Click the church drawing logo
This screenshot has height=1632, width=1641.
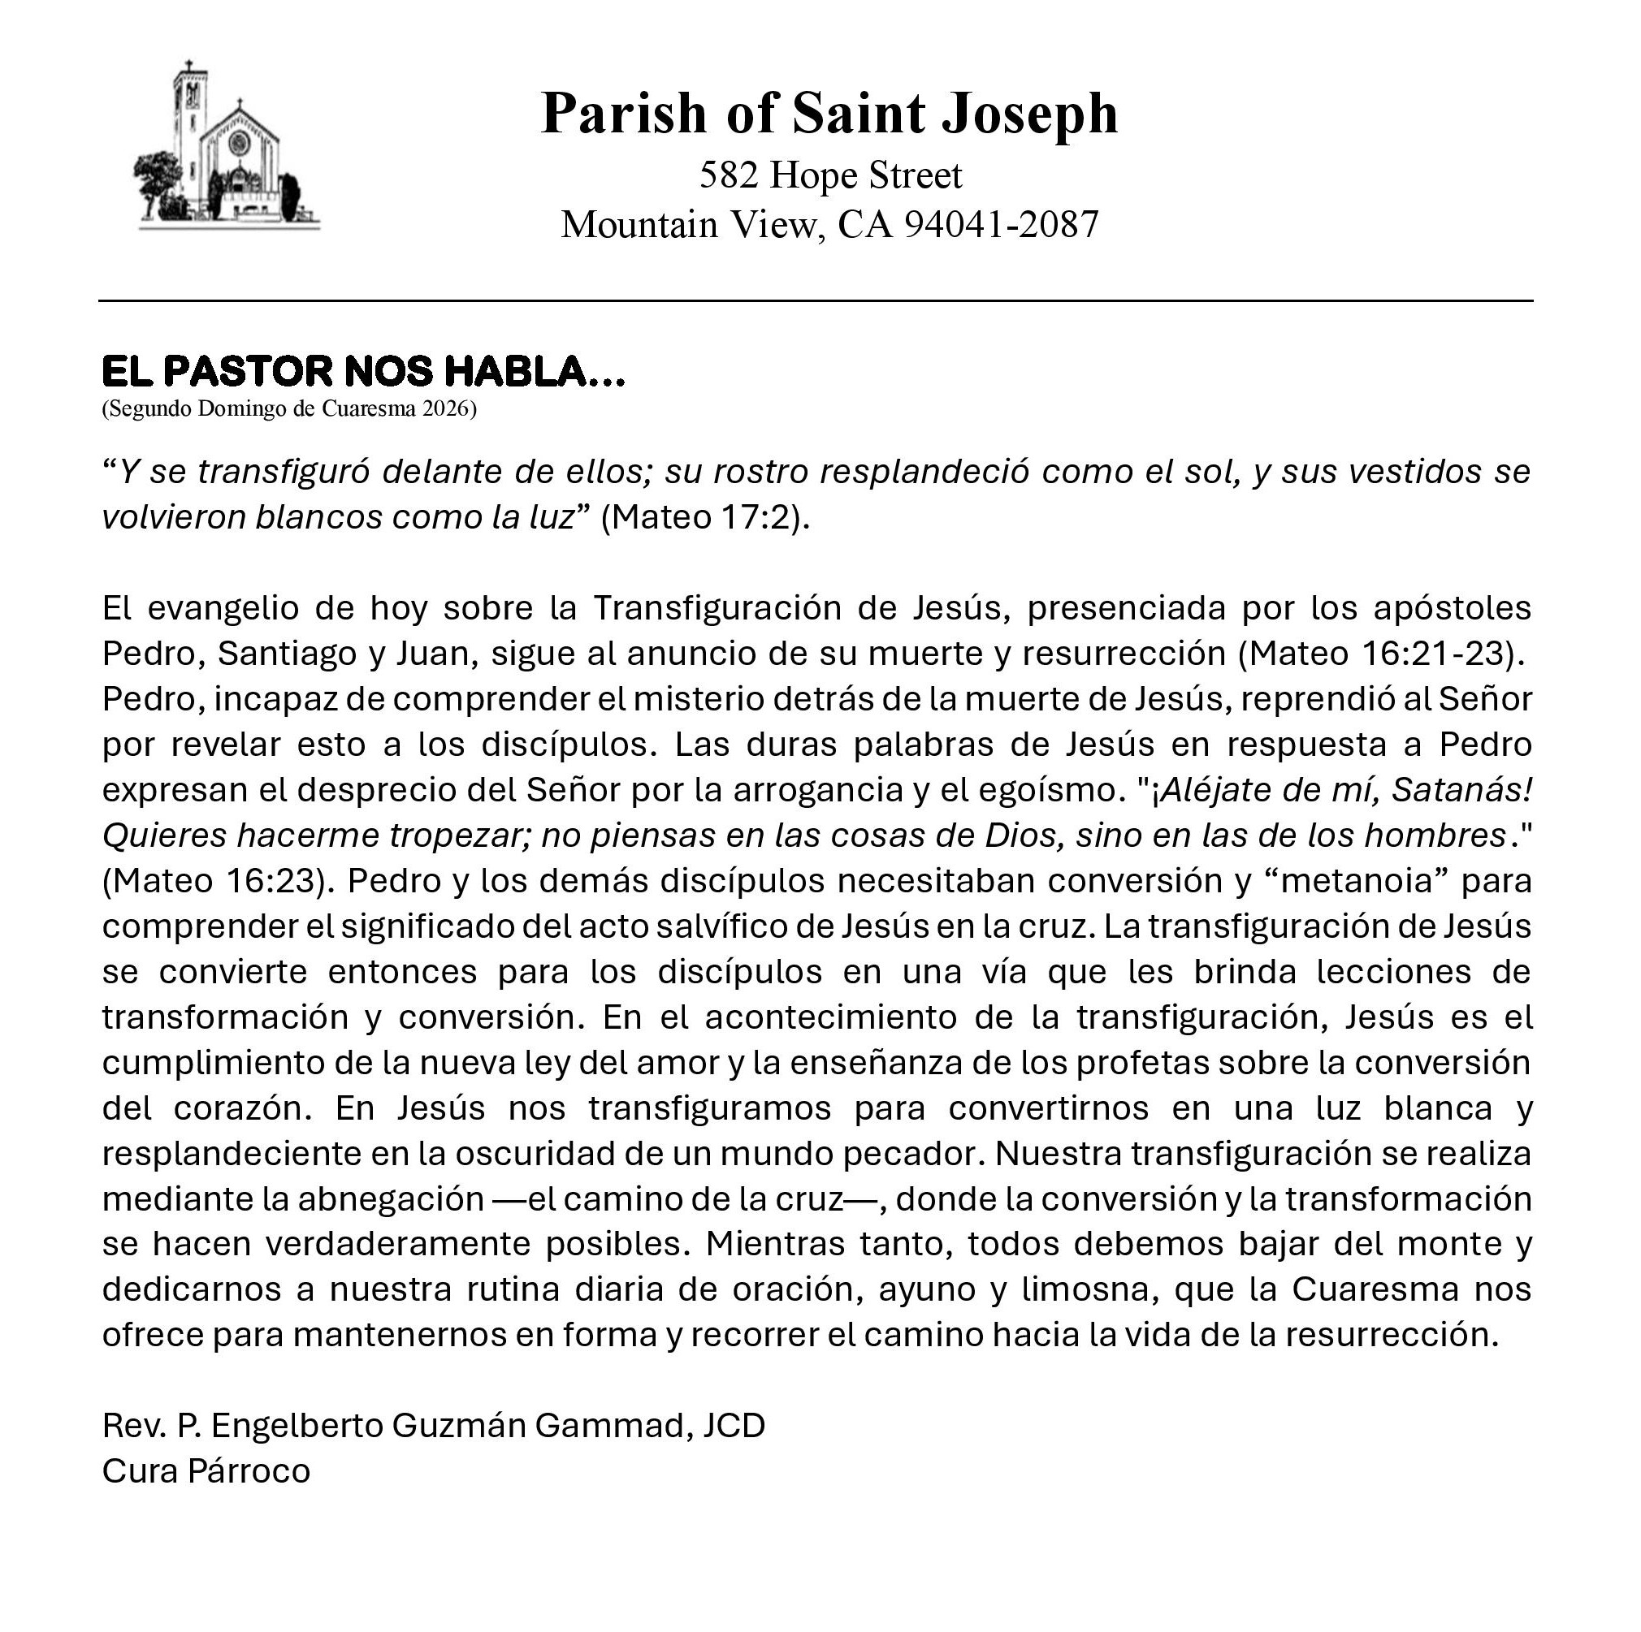coord(227,149)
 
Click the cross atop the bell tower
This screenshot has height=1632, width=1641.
coord(189,67)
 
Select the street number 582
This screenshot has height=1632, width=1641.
coord(728,175)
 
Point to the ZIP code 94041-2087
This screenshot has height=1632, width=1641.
coord(1002,225)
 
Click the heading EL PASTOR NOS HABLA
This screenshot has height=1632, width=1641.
coord(362,372)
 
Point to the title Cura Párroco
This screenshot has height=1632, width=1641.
coord(206,1470)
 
